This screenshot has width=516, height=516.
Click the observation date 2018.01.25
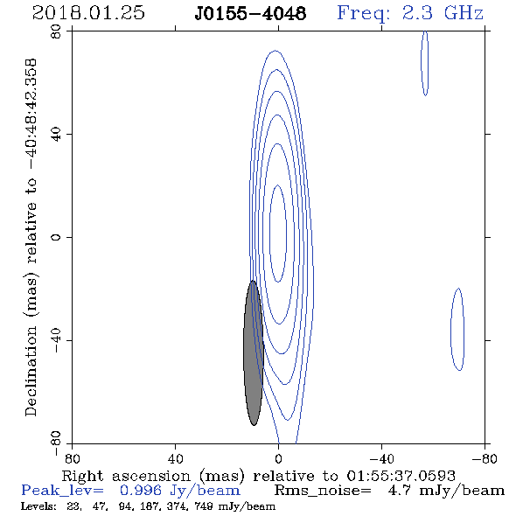coord(88,13)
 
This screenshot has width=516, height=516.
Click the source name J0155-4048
coord(250,13)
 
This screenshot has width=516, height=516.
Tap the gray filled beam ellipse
coord(254,352)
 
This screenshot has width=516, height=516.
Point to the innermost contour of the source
coord(270,234)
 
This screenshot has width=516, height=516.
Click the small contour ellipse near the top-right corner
coord(425,63)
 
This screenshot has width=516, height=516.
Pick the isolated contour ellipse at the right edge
coord(457,329)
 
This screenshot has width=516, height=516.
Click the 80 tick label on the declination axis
coord(57,31)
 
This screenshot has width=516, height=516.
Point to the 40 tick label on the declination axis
coord(57,135)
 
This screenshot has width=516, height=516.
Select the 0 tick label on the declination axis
coord(57,237)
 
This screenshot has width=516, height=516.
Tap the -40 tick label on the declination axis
coord(57,340)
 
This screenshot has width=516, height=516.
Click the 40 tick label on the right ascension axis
coord(175,458)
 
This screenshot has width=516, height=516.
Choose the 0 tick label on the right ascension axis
coord(278,458)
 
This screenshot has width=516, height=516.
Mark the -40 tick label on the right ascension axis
coord(381,458)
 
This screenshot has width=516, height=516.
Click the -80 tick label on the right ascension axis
coord(485,458)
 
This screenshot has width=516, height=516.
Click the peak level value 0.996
coord(141,491)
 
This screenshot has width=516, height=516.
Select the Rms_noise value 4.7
coord(399,491)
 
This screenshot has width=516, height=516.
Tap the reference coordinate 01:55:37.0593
coord(401,476)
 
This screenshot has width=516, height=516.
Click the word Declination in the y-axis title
coord(31,371)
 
